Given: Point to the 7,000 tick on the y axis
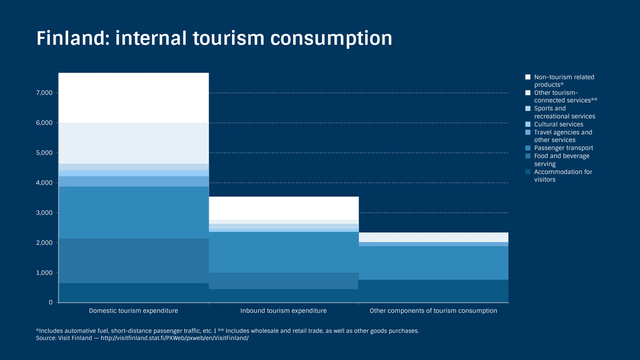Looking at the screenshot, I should pos(44,93).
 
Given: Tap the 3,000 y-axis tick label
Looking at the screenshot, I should pos(44,213).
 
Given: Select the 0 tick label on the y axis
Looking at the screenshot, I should pos(51,302).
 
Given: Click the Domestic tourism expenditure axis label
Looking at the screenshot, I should pos(134,311).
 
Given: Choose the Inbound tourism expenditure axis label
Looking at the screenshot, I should pos(283,311).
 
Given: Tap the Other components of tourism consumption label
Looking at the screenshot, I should pos(433,311).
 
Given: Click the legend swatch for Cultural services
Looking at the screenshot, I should pos(528,124).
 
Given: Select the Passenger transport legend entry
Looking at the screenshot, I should pos(563,148).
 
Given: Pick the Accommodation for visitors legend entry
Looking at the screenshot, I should pos(563,175).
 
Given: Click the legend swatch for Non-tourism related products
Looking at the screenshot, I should pos(528,77).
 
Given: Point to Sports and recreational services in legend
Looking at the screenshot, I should pos(564,112).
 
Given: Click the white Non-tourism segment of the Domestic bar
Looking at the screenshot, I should pos(134,98).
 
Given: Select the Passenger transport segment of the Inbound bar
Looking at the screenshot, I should pos(284,252).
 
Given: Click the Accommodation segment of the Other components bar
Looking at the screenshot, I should pos(433,291).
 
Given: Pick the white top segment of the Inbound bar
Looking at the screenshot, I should pos(284,208).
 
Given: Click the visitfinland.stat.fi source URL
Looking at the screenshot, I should pos(174,338).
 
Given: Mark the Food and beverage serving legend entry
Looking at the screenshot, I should pos(561,160).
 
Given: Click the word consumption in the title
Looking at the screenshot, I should pos(331,38).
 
